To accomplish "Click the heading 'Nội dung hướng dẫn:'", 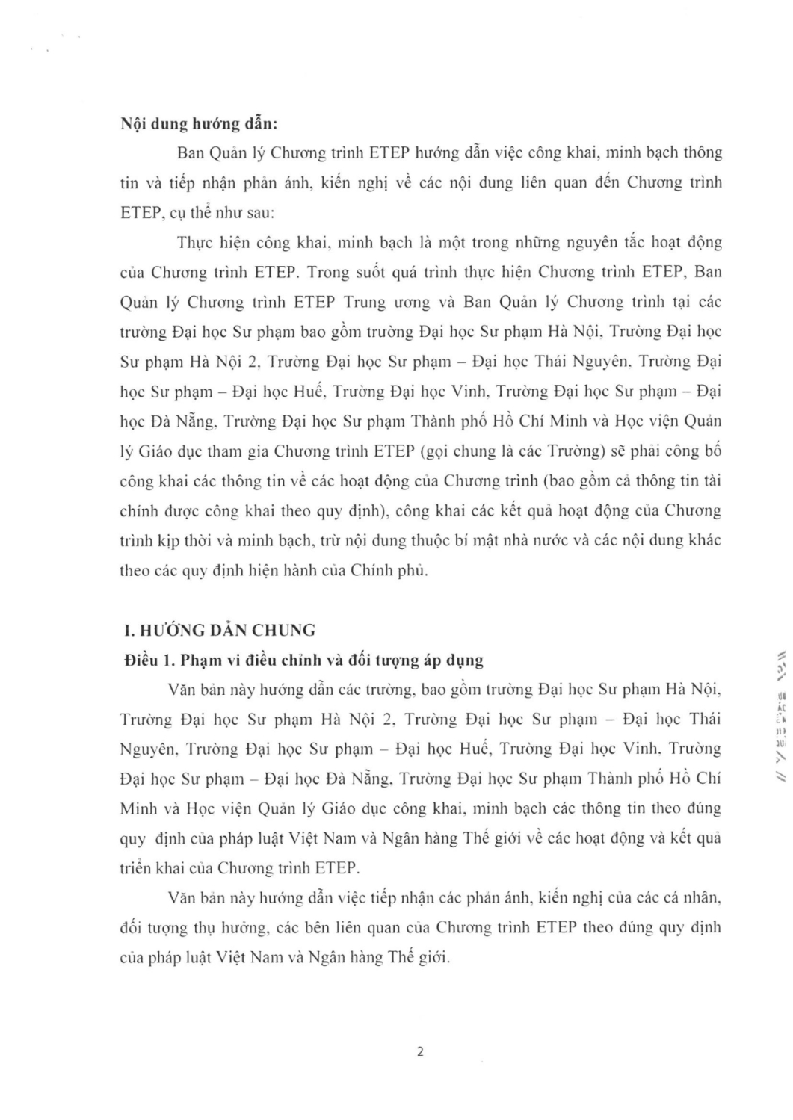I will tap(200, 124).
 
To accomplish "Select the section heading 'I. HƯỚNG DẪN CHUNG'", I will tap(218, 630).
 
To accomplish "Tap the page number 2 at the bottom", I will tap(419, 1052).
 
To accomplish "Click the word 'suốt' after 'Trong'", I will tap(371, 272).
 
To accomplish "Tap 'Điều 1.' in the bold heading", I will tap(149, 660).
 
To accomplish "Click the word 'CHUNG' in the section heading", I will tap(285, 630).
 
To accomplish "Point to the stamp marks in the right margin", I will tap(780, 718).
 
